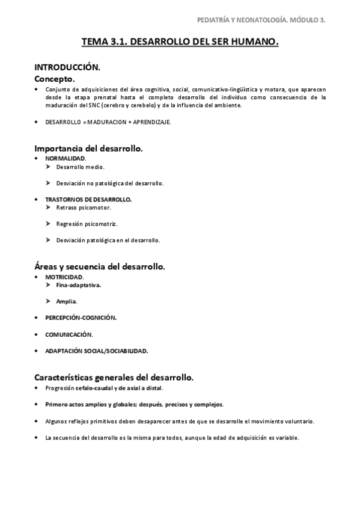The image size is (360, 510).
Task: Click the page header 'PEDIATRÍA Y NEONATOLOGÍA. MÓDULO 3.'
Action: (261, 20)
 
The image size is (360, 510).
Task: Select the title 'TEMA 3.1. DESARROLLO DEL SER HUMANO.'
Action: (180, 43)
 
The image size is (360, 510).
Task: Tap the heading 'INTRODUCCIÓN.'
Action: (67, 67)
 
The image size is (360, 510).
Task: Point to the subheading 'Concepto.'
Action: (55, 79)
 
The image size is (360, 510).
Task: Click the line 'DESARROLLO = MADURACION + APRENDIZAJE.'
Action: (108, 122)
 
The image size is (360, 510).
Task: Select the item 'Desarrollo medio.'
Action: (80, 167)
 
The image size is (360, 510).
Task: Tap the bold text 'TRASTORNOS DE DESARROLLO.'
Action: (88, 199)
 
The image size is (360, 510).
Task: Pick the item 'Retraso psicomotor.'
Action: (84, 207)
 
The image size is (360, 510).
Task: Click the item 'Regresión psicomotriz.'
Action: (87, 224)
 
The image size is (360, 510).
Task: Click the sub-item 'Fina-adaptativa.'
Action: (79, 285)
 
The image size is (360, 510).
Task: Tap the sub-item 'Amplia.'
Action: (67, 301)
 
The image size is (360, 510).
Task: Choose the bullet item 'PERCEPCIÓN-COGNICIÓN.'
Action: (81, 318)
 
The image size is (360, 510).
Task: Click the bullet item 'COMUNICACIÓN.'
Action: (69, 334)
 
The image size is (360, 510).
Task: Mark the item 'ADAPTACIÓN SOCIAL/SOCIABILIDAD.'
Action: (96, 351)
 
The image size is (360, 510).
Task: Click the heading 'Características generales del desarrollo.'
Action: (114, 378)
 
